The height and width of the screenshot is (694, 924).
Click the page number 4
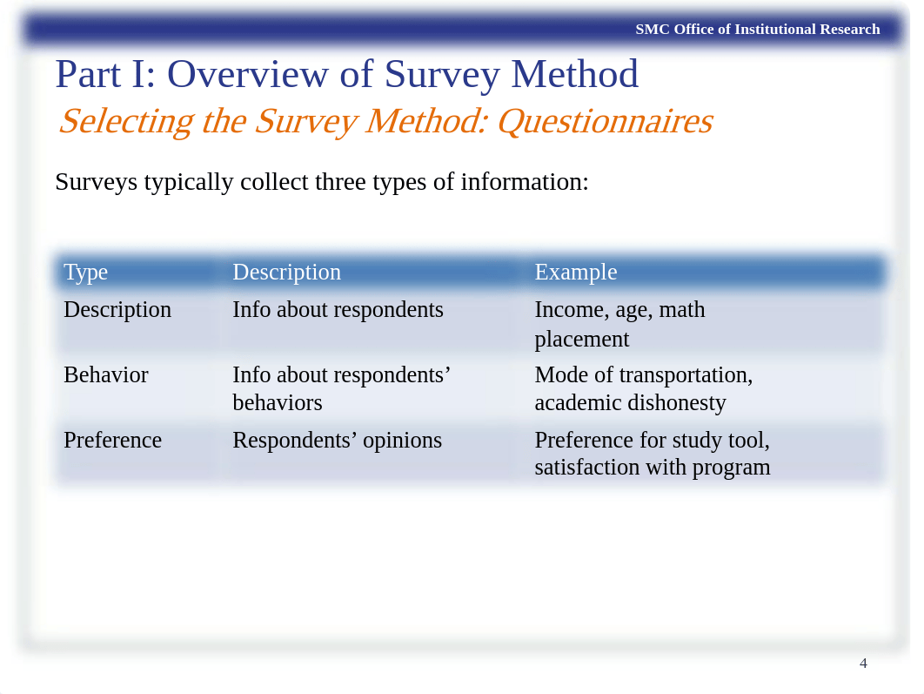(862, 664)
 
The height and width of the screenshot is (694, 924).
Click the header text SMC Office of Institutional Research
(757, 30)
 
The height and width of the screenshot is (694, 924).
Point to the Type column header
(85, 273)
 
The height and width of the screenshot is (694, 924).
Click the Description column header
(286, 273)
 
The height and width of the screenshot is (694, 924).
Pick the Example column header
(575, 273)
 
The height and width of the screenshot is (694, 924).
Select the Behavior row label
(105, 375)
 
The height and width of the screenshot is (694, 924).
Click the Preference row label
(112, 441)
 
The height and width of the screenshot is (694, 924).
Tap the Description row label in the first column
(117, 310)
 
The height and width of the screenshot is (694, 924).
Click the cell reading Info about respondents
(338, 310)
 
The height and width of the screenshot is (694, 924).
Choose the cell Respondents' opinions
(337, 441)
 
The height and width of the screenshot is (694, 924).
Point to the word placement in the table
(581, 340)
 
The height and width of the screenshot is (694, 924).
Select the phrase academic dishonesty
(630, 403)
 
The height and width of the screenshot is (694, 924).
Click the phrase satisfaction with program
(652, 468)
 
